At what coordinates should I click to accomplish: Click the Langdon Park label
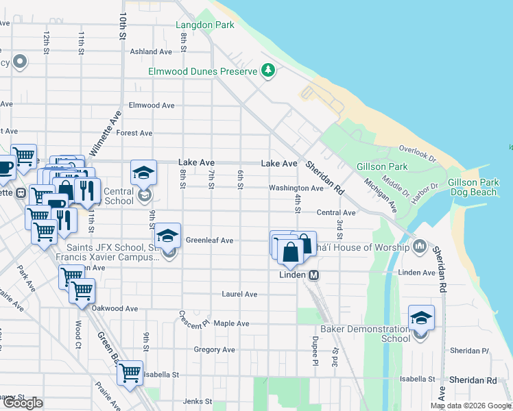(205, 25)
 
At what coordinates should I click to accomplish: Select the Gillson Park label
(382, 166)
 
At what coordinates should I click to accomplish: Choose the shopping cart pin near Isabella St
(130, 374)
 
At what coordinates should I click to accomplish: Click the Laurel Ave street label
(239, 295)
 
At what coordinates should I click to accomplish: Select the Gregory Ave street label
(214, 350)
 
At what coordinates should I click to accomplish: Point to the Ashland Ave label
(151, 51)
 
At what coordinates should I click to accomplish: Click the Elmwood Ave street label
(152, 105)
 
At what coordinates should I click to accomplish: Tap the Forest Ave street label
(134, 133)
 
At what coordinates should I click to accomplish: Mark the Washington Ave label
(296, 188)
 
